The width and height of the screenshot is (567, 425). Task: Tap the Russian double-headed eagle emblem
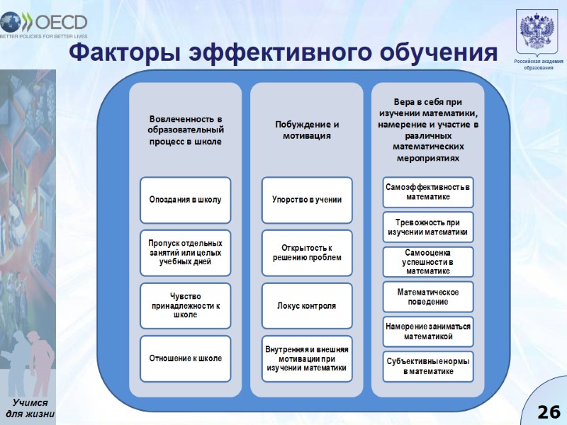(x=538, y=32)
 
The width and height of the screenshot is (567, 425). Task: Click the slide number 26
(x=548, y=412)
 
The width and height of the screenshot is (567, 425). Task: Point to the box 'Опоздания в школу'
(x=185, y=199)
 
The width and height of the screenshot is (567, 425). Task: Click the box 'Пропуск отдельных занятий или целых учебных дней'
(x=185, y=252)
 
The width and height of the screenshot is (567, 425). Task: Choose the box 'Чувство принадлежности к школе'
(x=185, y=305)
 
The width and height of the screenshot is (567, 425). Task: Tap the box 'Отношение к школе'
(x=185, y=358)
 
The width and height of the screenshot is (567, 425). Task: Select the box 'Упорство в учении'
(x=307, y=199)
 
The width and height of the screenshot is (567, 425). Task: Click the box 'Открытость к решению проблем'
(x=307, y=252)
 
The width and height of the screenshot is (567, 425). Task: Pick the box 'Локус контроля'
(x=307, y=305)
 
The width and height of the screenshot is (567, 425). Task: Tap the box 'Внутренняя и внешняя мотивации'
(x=307, y=358)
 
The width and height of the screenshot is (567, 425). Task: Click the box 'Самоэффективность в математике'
(x=428, y=191)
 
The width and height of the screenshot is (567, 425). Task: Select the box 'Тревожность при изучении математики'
(x=428, y=227)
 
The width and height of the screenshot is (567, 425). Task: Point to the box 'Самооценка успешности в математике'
(x=428, y=261)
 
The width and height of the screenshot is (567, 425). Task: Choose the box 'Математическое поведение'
(x=428, y=297)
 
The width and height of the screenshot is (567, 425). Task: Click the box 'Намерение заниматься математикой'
(x=428, y=331)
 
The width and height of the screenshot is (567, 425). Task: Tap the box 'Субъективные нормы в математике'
(x=428, y=366)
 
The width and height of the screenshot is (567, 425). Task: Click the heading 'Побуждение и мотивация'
(x=307, y=130)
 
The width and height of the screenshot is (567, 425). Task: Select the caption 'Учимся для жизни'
(x=30, y=409)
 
